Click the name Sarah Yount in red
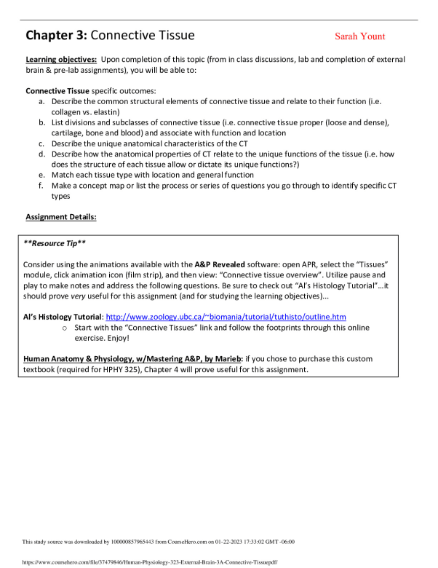point(359,36)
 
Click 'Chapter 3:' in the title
point(56,35)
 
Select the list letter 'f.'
point(43,186)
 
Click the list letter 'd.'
point(43,154)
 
